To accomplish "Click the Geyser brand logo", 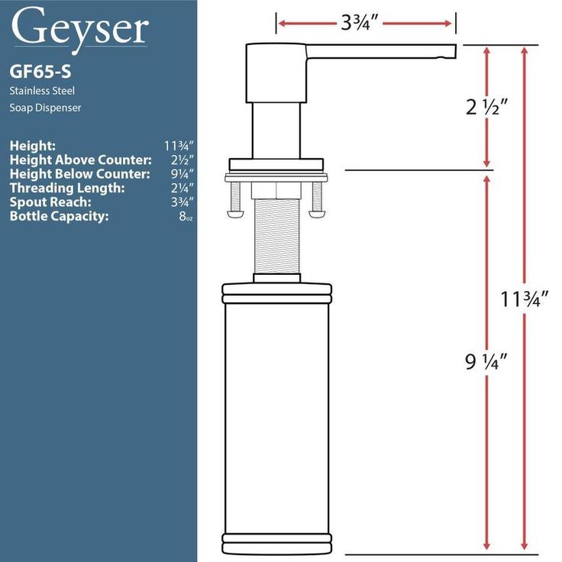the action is coord(79,29).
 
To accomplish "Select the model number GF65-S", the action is coord(40,71).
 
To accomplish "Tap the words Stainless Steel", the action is coord(42,91).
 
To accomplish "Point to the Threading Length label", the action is coord(67,188).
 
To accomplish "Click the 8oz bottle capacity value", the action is coord(186,216).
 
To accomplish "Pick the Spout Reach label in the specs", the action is coord(50,202).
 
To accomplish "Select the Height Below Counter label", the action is coord(80,174).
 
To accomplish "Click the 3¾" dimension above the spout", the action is coord(360,23).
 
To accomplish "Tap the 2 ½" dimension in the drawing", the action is coord(486,106).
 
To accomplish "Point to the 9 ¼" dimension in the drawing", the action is coord(486,361).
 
